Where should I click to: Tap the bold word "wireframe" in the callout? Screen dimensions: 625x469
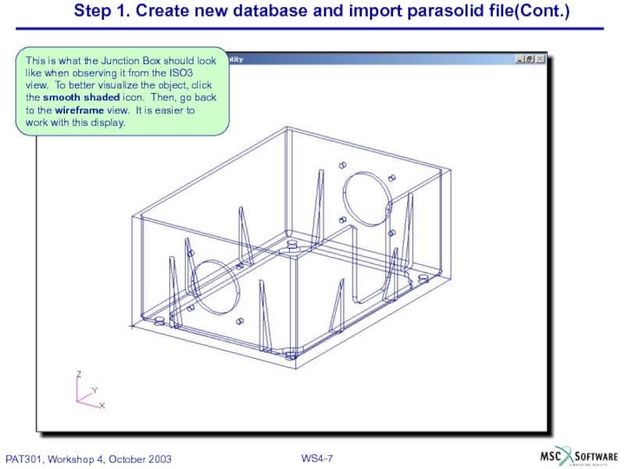(x=81, y=110)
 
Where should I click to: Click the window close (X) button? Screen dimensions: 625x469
(x=540, y=59)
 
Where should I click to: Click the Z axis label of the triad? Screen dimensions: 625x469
(x=78, y=374)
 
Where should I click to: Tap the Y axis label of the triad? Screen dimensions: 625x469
(x=95, y=388)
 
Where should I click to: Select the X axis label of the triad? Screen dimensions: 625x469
(x=102, y=406)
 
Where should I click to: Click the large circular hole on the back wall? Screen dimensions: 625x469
(x=366, y=196)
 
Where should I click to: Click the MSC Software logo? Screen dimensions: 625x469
(x=579, y=456)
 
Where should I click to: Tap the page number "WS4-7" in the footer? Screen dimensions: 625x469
(x=317, y=458)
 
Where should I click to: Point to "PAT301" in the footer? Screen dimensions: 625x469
(x=26, y=459)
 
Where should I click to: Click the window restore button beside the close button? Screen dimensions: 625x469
(x=529, y=59)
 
